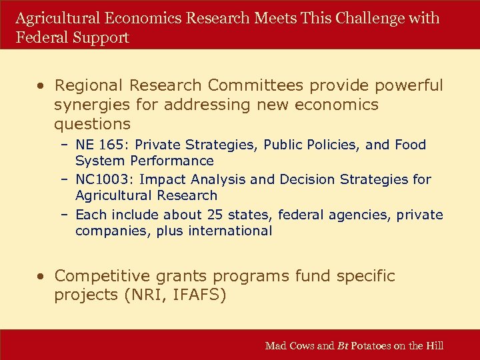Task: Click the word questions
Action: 93,124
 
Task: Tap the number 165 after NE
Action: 108,145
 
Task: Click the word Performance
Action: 172,161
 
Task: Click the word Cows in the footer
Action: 301,345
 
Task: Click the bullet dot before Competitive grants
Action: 41,276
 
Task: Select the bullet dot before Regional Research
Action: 41,85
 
